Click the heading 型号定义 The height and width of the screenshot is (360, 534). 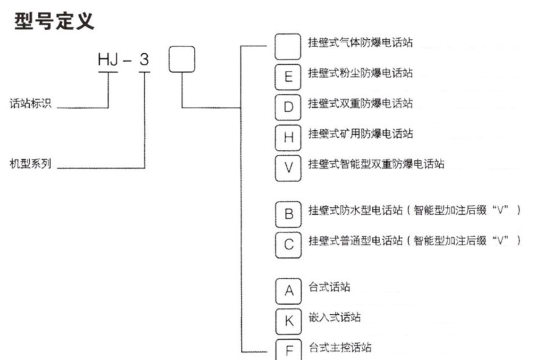click(x=54, y=21)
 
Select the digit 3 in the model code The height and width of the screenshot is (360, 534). click(x=145, y=60)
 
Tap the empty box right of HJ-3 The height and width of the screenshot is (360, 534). click(x=181, y=59)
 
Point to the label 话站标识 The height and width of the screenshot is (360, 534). click(x=31, y=104)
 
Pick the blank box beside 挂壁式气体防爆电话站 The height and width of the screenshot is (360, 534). click(x=287, y=46)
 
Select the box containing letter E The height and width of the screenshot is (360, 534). click(x=287, y=75)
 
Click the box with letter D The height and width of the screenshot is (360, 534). click(x=287, y=106)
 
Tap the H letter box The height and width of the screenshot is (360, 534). click(x=287, y=137)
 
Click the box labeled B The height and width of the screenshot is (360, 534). click(x=287, y=214)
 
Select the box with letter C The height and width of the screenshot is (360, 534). click(x=287, y=244)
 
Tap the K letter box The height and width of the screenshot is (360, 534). click(x=287, y=321)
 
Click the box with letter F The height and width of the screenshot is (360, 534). click(x=287, y=350)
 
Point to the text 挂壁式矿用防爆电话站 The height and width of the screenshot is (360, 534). click(x=360, y=134)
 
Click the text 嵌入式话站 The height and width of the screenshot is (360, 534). click(x=334, y=317)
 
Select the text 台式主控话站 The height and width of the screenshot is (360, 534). click(x=340, y=348)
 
